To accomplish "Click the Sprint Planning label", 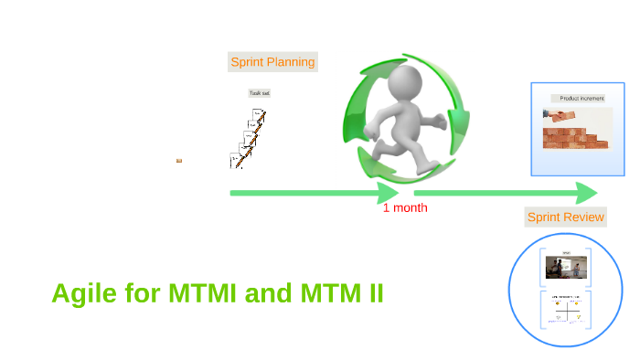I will [x=272, y=62].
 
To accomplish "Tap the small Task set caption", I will [x=260, y=93].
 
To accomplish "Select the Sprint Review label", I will [x=565, y=217].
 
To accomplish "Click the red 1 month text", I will [x=405, y=207].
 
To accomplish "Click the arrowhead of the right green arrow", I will [x=586, y=193].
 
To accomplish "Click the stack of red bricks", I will [x=576, y=138].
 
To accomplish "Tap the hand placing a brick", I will [x=554, y=115].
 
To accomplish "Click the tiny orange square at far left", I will [x=179, y=161].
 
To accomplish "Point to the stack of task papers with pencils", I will [x=248, y=139].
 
